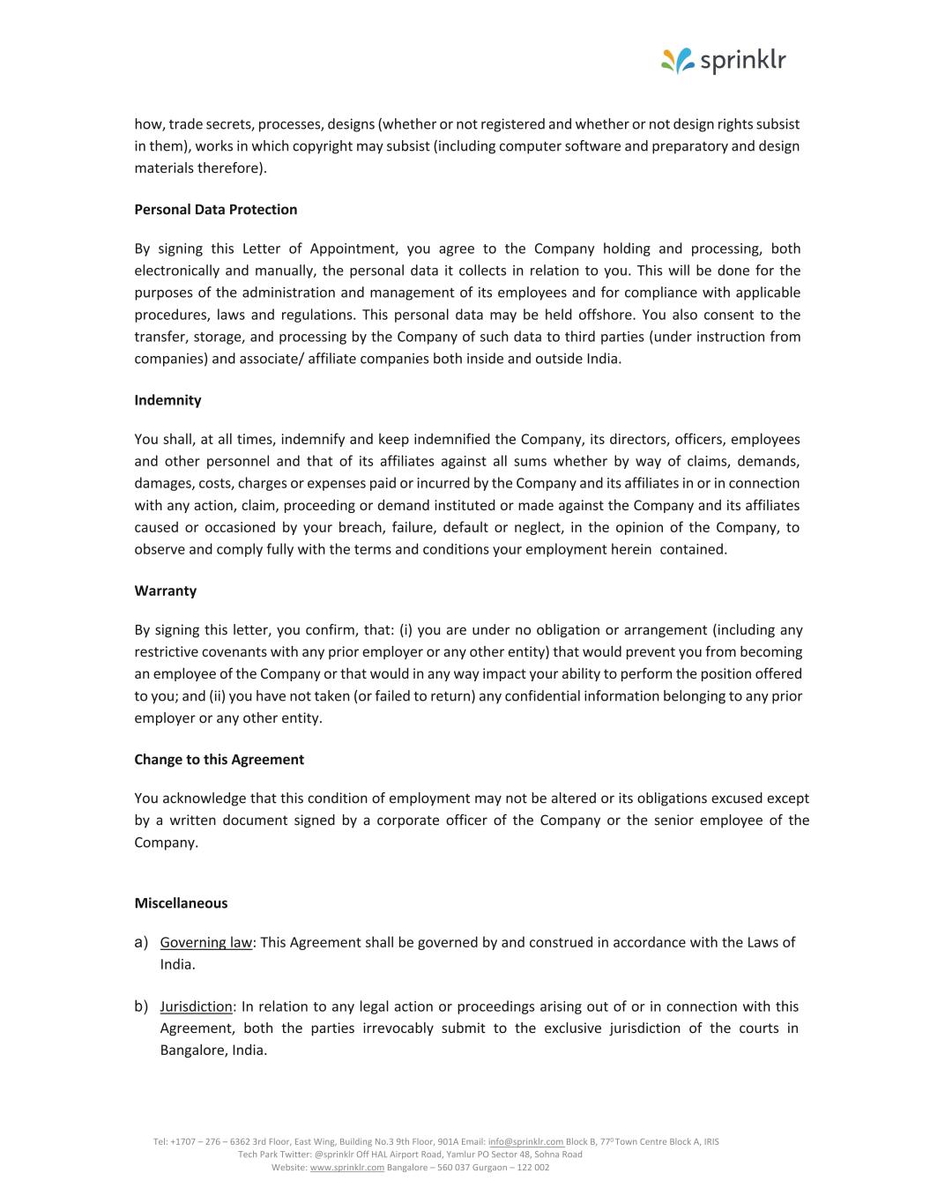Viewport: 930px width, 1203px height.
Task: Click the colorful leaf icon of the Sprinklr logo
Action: pyautogui.click(x=678, y=61)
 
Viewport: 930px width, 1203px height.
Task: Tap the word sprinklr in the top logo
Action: pyautogui.click(x=742, y=61)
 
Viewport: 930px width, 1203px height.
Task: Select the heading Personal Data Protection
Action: pyautogui.click(x=216, y=210)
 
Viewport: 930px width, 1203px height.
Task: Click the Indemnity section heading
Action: pyautogui.click(x=167, y=400)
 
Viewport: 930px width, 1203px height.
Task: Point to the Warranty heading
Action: pyautogui.click(x=166, y=590)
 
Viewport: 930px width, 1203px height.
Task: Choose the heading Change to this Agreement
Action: pyautogui.click(x=219, y=760)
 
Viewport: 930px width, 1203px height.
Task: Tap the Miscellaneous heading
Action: pyautogui.click(x=181, y=903)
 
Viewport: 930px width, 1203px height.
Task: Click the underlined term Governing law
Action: pyautogui.click(x=206, y=943)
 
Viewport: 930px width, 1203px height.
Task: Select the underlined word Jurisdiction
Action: pyautogui.click(x=196, y=1006)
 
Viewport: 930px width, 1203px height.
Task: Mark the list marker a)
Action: pyautogui.click(x=141, y=943)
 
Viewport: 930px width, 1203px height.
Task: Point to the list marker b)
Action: pyautogui.click(x=141, y=1006)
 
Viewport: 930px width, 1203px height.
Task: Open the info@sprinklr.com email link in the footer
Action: pyautogui.click(x=525, y=1142)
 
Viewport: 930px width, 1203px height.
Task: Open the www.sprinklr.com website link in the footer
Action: pyautogui.click(x=347, y=1168)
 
